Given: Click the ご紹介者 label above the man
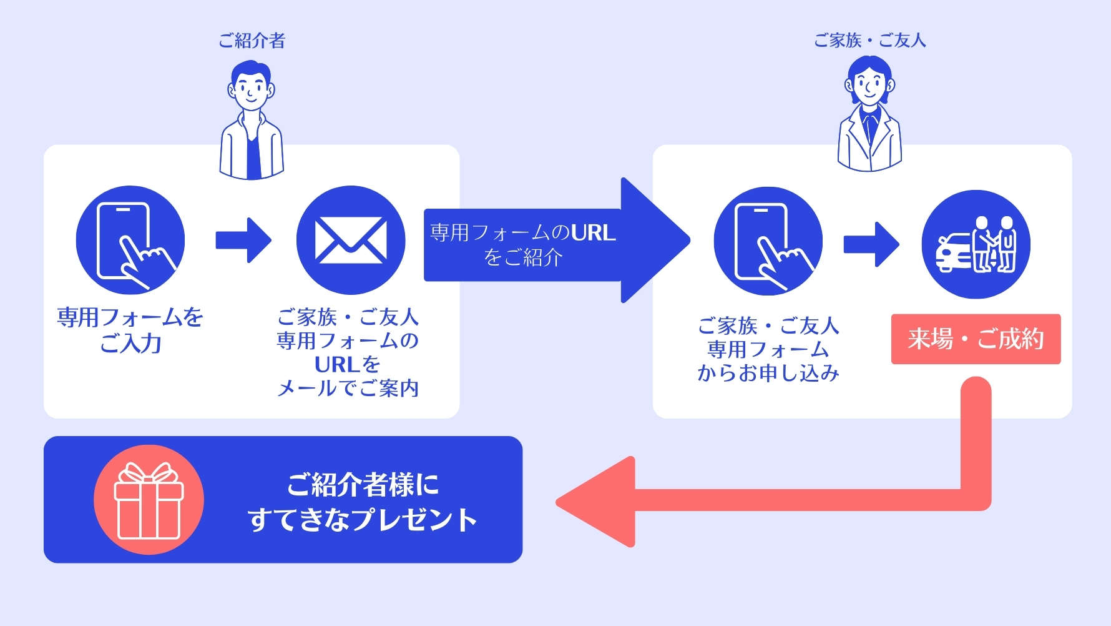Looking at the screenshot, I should pyautogui.click(x=252, y=41).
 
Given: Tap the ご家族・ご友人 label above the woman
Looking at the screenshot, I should pyautogui.click(x=869, y=41).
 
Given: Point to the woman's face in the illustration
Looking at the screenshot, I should pyautogui.click(x=869, y=85).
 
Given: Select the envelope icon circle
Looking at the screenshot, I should pyautogui.click(x=351, y=240).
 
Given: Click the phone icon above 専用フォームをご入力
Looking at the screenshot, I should pyautogui.click(x=130, y=240).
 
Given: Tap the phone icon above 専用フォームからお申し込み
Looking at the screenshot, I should pyautogui.click(x=768, y=241).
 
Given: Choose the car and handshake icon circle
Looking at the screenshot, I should pyautogui.click(x=976, y=244).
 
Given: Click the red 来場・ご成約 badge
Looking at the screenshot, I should pyautogui.click(x=976, y=339).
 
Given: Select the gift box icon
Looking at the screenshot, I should pyautogui.click(x=149, y=500).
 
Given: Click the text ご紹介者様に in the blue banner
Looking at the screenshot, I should pyautogui.click(x=363, y=485).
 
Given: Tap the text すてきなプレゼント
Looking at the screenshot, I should pyautogui.click(x=363, y=520).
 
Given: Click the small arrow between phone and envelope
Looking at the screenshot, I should pyautogui.click(x=243, y=240).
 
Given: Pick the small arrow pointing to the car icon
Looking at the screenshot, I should pyautogui.click(x=871, y=244).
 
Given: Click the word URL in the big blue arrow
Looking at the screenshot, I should pyautogui.click(x=592, y=233).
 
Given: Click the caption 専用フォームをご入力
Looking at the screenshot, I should pyautogui.click(x=130, y=330).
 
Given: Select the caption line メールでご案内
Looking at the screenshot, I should pyautogui.click(x=348, y=389).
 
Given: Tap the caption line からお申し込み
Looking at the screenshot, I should pyautogui.click(x=768, y=373).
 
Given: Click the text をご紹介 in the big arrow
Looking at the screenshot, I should pyautogui.click(x=523, y=257).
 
